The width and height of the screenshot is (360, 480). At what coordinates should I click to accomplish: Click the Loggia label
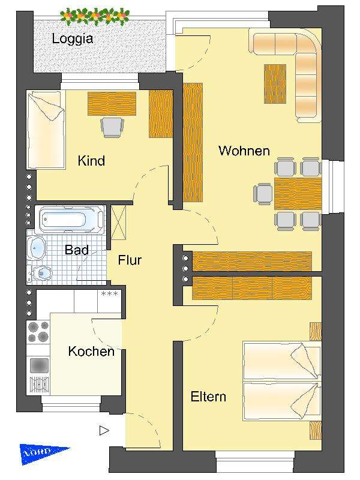coord(73,39)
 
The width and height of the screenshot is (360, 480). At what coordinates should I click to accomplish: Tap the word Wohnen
coord(244,151)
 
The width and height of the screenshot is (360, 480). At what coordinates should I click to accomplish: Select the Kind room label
coord(91,161)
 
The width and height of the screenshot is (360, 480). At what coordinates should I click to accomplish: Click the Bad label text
coord(76,250)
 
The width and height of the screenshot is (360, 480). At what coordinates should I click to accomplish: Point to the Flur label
coord(130,260)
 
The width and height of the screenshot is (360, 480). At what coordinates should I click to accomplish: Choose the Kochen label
coord(91,351)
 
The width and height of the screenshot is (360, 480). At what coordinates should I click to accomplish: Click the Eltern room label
coord(208,397)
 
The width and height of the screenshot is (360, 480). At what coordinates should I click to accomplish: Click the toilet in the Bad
coord(43,274)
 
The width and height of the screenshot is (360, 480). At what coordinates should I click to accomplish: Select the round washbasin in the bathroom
coord(37,247)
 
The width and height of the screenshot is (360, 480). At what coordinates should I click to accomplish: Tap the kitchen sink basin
coord(39,365)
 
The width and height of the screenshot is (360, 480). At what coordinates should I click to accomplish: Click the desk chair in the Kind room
coord(112,127)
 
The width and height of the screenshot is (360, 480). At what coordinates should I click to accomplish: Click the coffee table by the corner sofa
coord(275,83)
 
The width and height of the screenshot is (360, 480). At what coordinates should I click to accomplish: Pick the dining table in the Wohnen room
coord(298,193)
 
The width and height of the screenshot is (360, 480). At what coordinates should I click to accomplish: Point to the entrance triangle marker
coord(104,430)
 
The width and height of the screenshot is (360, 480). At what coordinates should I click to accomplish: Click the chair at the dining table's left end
coord(263,193)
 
